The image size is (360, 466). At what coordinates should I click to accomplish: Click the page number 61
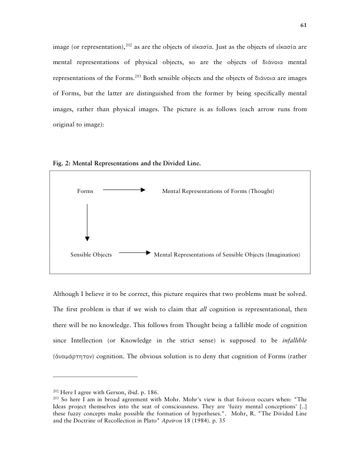click(x=304, y=26)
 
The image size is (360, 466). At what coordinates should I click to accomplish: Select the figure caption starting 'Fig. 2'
click(x=126, y=164)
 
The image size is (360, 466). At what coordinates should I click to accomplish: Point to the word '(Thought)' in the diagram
click(x=262, y=191)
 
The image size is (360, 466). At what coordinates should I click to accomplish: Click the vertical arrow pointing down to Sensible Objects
click(x=87, y=222)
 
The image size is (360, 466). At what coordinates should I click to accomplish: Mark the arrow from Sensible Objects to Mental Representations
click(x=133, y=254)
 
